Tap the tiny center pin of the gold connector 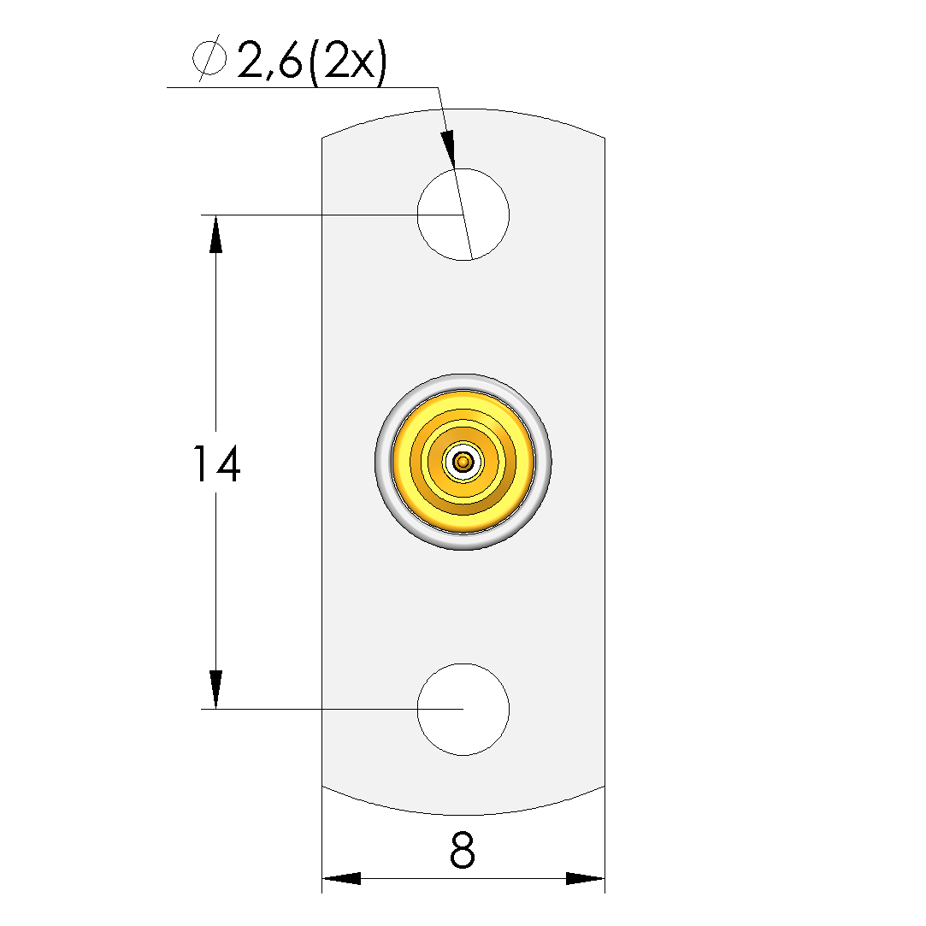[463, 462]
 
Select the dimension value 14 [216, 464]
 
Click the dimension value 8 [463, 850]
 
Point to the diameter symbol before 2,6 [209, 58]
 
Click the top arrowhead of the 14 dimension [215, 234]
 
